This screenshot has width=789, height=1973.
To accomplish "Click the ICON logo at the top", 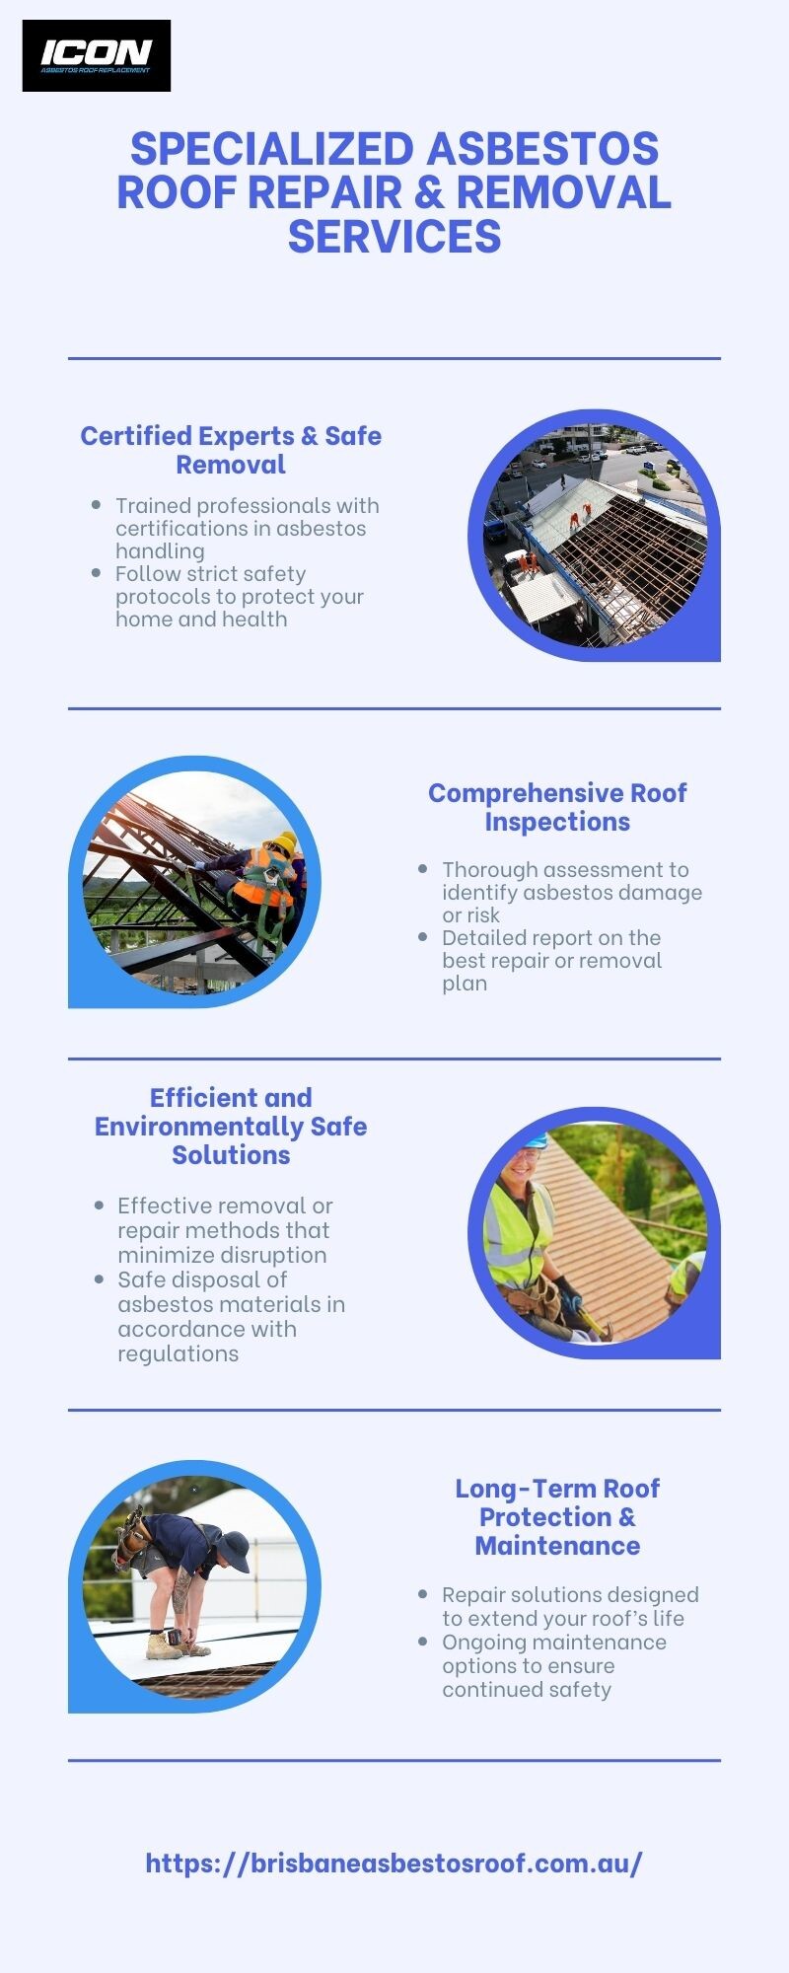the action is pyautogui.click(x=97, y=55).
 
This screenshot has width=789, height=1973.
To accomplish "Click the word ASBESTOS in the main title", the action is pyautogui.click(x=543, y=149).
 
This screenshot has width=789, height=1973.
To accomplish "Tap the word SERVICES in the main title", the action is pyautogui.click(x=394, y=237).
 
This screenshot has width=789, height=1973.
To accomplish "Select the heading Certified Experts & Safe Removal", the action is pyautogui.click(x=231, y=450).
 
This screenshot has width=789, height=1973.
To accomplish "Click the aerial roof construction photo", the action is pyautogui.click(x=595, y=536).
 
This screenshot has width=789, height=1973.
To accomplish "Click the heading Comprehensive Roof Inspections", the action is pyautogui.click(x=557, y=807).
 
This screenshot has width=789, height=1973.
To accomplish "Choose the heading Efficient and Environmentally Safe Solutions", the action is pyautogui.click(x=231, y=1126).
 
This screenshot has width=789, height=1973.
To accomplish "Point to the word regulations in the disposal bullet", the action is pyautogui.click(x=179, y=1353).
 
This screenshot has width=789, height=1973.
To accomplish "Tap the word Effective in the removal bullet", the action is pyautogui.click(x=164, y=1206).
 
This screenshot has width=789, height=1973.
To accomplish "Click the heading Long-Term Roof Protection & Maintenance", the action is pyautogui.click(x=557, y=1516).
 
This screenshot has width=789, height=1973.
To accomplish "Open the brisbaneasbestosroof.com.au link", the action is pyautogui.click(x=394, y=1863).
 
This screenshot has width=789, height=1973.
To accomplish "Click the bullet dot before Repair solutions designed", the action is pyautogui.click(x=423, y=1593).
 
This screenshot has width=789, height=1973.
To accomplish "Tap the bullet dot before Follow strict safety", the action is pyautogui.click(x=96, y=572).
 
